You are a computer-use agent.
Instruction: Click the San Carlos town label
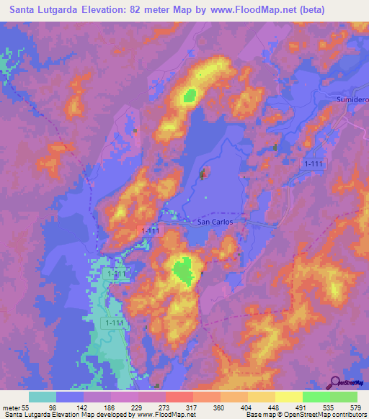click(x=216, y=222)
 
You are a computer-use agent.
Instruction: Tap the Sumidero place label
click(x=353, y=97)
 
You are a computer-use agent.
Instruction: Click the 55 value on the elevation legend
click(x=26, y=407)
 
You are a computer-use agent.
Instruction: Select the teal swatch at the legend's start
click(x=43, y=397)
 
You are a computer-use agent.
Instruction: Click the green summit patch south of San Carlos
click(x=185, y=270)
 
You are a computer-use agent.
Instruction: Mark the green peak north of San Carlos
click(x=190, y=94)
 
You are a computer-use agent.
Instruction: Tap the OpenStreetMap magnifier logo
click(x=334, y=382)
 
